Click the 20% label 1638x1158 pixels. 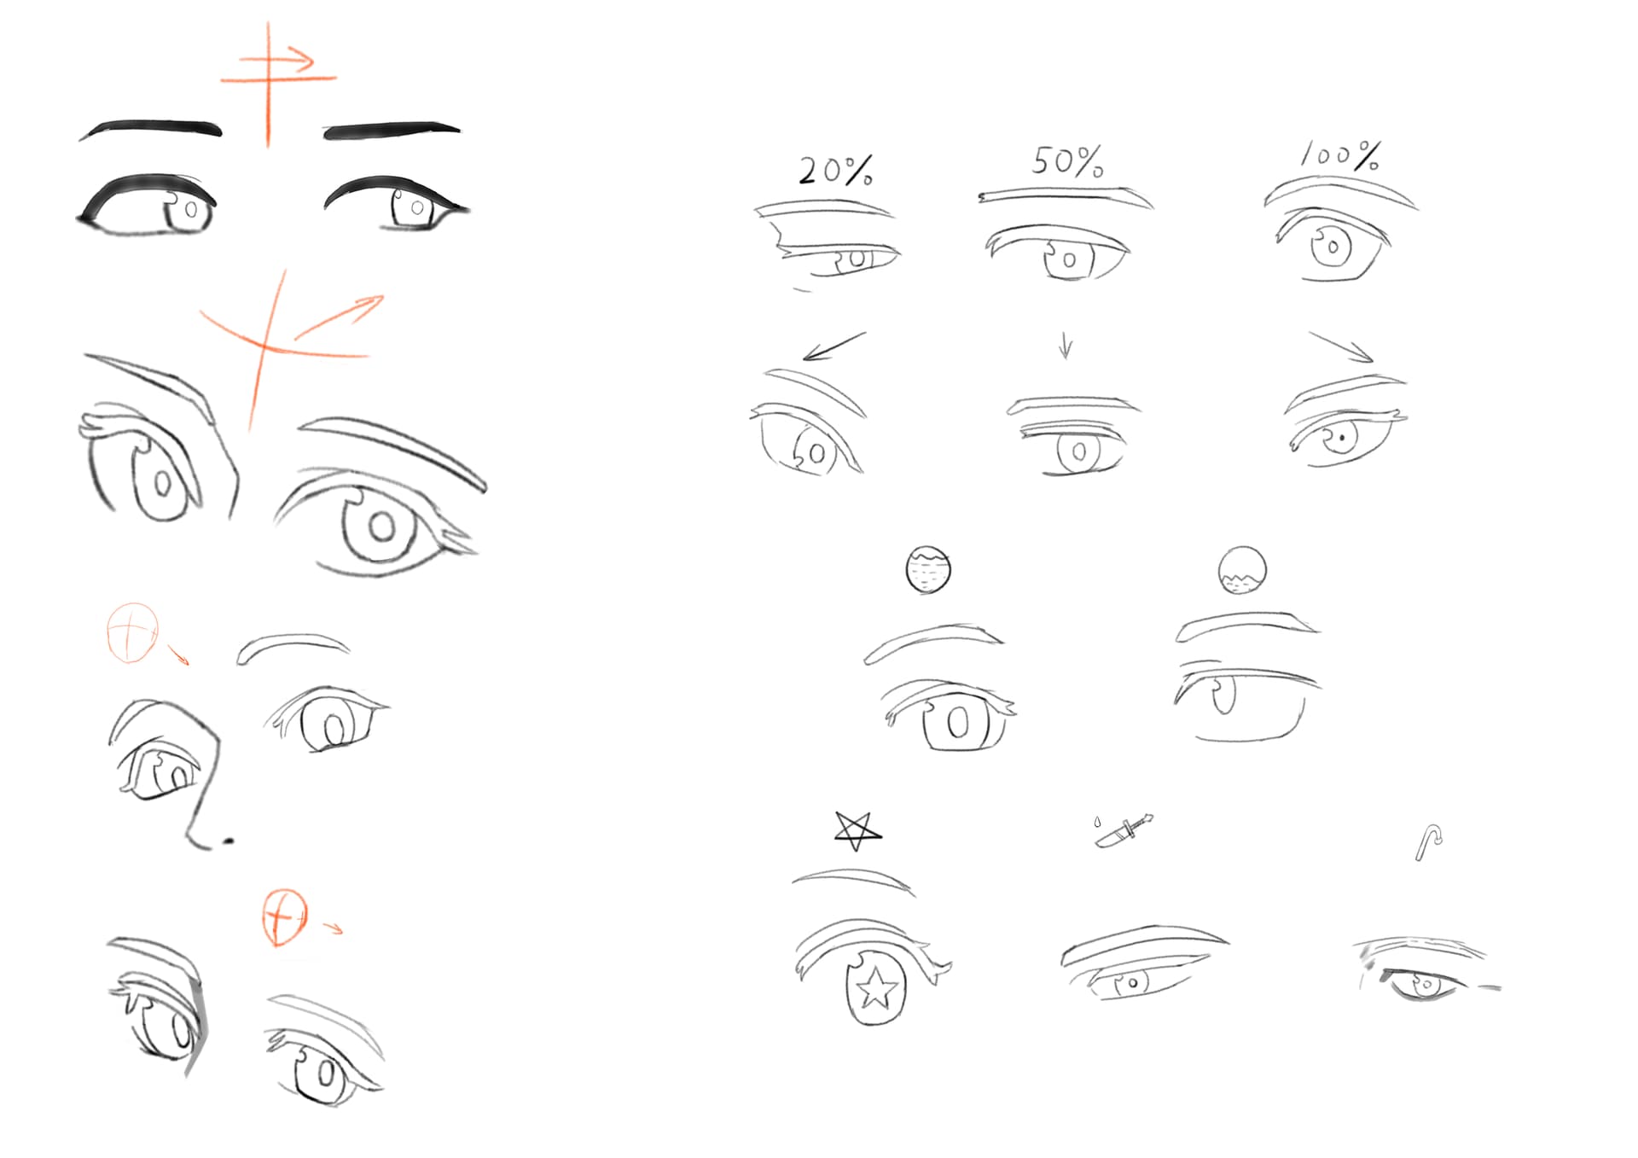coord(835,171)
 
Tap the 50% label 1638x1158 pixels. coord(1067,160)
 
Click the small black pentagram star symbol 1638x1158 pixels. coord(857,830)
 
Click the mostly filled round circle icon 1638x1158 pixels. coord(928,570)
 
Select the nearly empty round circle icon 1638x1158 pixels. coord(1242,570)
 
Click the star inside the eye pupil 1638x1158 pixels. coord(876,989)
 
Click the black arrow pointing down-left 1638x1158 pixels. coord(834,346)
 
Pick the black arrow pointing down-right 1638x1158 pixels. coord(1340,347)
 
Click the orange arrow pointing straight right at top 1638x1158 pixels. coord(276,60)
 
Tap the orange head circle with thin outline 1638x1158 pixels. coord(133,632)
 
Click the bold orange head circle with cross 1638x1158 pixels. coord(284,917)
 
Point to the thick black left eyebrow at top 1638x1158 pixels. coord(152,129)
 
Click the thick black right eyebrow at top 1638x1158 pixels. coord(392,130)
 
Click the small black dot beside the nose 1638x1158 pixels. coord(228,841)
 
